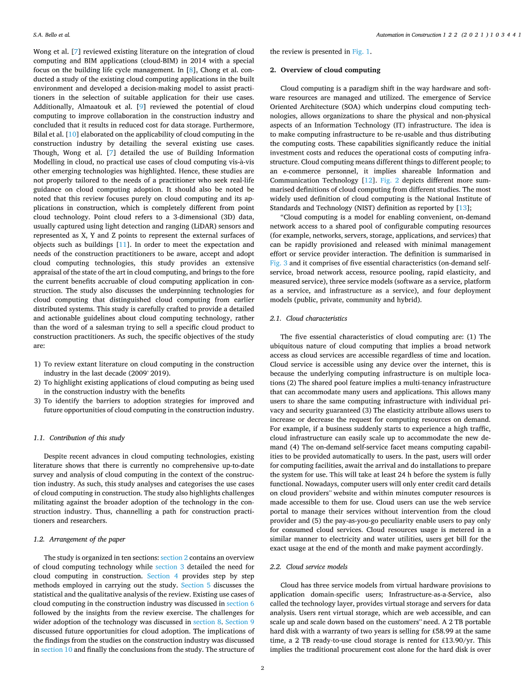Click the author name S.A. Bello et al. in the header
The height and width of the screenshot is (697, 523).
coord(51,34)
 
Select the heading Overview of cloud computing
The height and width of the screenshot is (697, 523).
coord(330,70)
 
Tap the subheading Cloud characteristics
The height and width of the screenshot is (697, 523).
coord(317,319)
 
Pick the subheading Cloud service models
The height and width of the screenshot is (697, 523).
coord(317,567)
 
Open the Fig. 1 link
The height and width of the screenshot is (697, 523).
coord(361,51)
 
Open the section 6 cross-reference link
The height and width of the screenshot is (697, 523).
coord(240,603)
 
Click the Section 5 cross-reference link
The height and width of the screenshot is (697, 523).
coord(192,585)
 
